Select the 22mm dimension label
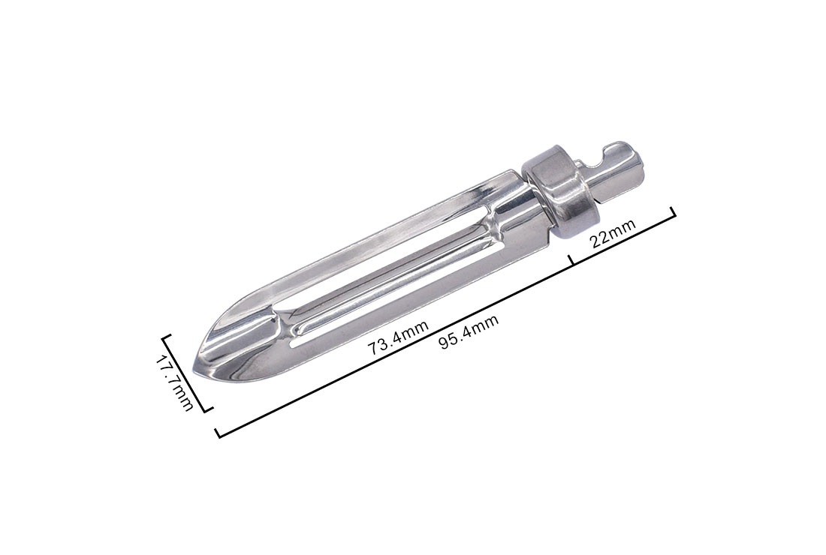coord(613,232)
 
